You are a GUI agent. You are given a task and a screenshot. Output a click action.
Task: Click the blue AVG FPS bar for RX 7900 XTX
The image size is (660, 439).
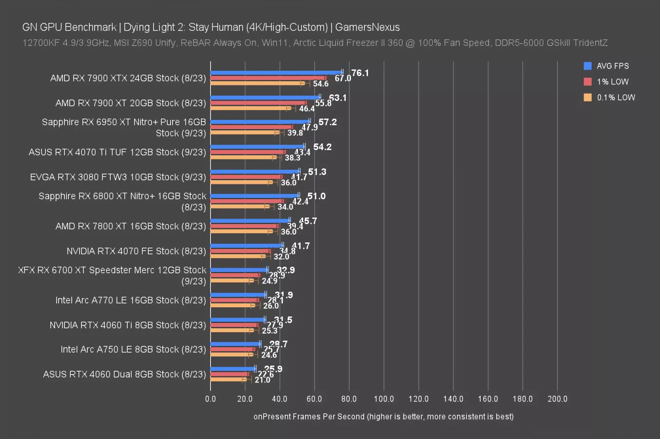pyautogui.click(x=276, y=72)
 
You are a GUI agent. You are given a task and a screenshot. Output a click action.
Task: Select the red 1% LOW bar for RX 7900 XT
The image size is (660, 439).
pyautogui.click(x=258, y=103)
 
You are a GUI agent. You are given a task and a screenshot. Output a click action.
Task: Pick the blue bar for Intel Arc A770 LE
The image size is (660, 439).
pyautogui.click(x=238, y=295)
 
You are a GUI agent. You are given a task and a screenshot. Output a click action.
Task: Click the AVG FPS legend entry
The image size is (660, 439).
pyautogui.click(x=612, y=66)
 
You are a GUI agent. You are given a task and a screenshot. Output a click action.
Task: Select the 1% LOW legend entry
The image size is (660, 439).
pyautogui.click(x=612, y=81)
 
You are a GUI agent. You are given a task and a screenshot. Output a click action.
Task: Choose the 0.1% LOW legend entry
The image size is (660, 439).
pyautogui.click(x=616, y=97)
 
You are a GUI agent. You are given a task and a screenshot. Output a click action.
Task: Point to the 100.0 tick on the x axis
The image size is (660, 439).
pyautogui.click(x=384, y=399)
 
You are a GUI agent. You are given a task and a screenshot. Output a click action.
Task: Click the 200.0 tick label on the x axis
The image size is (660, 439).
pyautogui.click(x=557, y=399)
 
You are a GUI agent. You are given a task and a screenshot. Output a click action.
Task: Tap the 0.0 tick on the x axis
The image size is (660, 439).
pyautogui.click(x=211, y=399)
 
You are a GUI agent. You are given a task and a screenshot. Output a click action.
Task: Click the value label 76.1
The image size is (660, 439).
pyautogui.click(x=360, y=73)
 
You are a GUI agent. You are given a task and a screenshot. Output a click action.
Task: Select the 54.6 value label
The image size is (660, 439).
pyautogui.click(x=321, y=84)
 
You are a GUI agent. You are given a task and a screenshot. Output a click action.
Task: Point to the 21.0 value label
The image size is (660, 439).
pyautogui.click(x=262, y=380)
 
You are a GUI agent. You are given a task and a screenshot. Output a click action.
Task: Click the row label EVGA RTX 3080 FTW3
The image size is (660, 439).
pyautogui.click(x=118, y=177)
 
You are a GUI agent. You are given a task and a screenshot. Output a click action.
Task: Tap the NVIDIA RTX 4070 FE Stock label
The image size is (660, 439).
pyautogui.click(x=136, y=251)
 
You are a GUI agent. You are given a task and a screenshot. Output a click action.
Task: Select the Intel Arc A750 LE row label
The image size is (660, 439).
pyautogui.click(x=133, y=350)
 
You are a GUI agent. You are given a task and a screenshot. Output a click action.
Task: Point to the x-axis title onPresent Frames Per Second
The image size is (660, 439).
pyautogui.click(x=383, y=417)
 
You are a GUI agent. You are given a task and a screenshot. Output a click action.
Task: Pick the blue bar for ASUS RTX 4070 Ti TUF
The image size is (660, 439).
pyautogui.click(x=257, y=146)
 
